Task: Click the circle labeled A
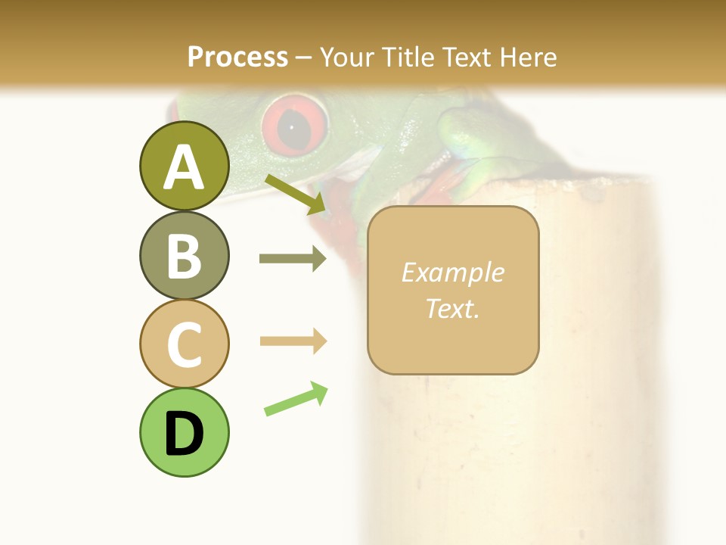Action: tap(184, 166)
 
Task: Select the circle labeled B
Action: tap(184, 255)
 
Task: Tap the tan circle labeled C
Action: tap(184, 344)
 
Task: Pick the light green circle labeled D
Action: tap(184, 432)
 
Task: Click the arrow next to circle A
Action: tap(296, 193)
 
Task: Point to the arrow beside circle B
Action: tap(293, 259)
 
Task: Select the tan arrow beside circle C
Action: tap(293, 341)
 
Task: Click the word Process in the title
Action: tap(237, 58)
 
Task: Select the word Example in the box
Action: tap(452, 272)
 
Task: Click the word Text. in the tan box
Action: tap(452, 308)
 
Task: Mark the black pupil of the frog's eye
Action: tap(292, 127)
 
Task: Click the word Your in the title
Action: tap(347, 58)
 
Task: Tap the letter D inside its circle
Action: tap(184, 434)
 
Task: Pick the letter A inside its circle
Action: tap(184, 167)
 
